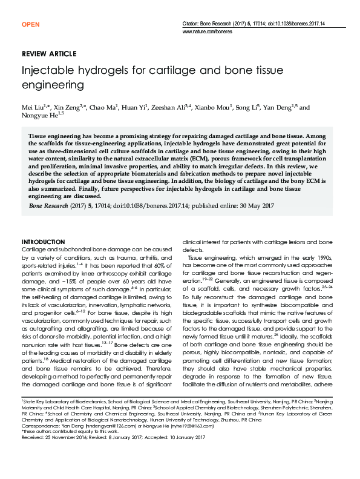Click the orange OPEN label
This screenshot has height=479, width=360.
(x=30, y=24)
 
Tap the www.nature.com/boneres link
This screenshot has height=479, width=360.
(x=207, y=30)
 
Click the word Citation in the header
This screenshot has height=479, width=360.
(x=192, y=22)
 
